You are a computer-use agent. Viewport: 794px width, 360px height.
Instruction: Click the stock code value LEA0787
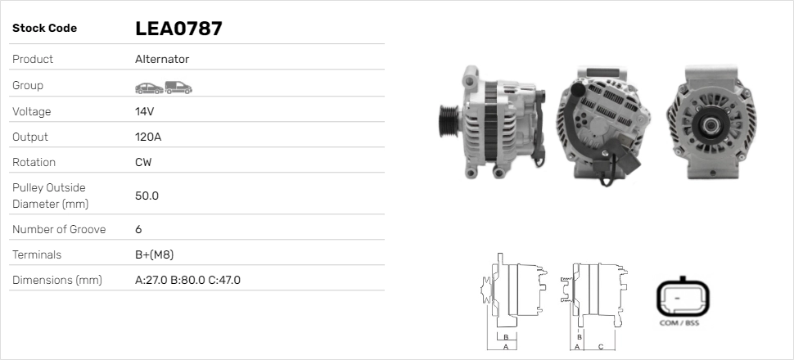point(178,29)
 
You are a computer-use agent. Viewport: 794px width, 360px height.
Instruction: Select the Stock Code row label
point(44,29)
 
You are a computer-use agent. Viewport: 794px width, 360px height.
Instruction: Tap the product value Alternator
point(162,60)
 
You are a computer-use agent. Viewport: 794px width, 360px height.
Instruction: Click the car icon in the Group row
point(148,87)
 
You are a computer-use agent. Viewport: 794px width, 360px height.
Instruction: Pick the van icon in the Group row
point(178,87)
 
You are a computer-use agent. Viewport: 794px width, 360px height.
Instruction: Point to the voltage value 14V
point(145,111)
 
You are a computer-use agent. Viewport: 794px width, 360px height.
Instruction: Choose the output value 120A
point(148,137)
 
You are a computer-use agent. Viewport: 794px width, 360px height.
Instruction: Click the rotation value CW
point(143,162)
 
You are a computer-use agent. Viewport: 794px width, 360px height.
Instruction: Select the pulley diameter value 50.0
point(147,196)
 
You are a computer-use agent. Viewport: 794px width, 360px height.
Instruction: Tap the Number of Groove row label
point(59,229)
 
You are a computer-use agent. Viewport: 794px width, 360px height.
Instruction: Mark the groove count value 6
point(138,229)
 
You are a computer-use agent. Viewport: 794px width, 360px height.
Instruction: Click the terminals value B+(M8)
point(154,254)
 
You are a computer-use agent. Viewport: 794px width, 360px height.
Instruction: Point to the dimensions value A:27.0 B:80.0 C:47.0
point(187,280)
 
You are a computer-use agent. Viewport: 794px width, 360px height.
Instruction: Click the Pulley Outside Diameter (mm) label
point(50,196)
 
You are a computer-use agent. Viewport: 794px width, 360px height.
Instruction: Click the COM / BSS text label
point(679,323)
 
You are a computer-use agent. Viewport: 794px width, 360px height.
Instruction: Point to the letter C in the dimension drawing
point(600,346)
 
